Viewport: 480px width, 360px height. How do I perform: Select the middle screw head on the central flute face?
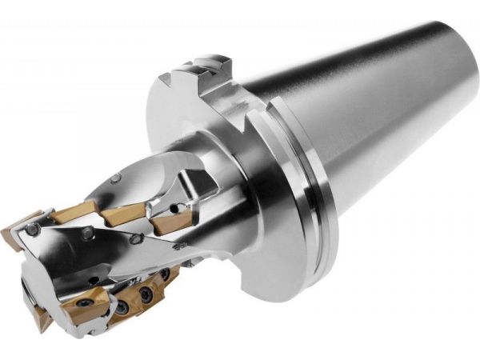click(x=85, y=235)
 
